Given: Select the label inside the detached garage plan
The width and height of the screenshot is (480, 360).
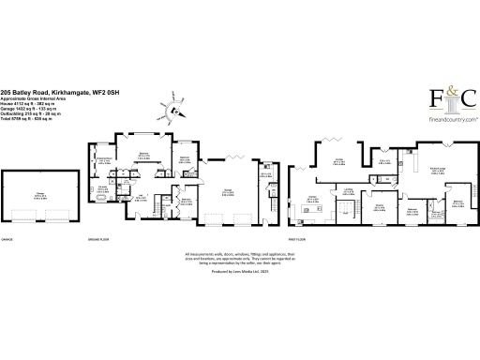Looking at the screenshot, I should [x=40, y=196].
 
